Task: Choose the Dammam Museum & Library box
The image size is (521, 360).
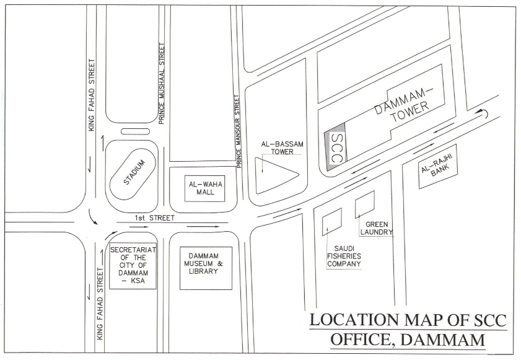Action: point(205,267)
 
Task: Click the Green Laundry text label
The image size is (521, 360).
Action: point(376,228)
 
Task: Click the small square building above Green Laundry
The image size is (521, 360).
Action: point(364,204)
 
